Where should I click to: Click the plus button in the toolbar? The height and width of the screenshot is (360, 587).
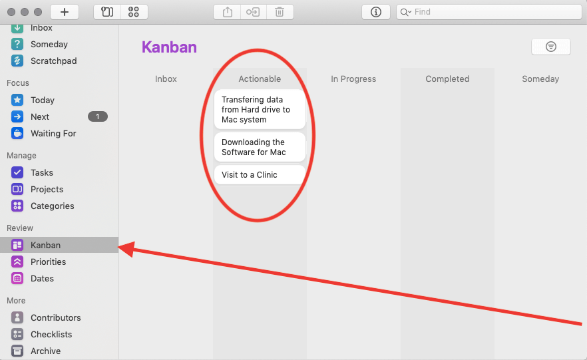click(65, 12)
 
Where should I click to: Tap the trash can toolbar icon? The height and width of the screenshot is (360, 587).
click(280, 12)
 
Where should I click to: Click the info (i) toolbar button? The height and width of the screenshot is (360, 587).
click(376, 12)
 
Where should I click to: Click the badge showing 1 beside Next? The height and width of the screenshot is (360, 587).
click(98, 116)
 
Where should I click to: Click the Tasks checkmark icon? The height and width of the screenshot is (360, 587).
click(17, 172)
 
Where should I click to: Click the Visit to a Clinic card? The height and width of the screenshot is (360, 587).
click(260, 175)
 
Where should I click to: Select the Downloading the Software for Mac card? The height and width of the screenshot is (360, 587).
click(260, 147)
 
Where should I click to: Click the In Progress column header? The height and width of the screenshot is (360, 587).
click(353, 79)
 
